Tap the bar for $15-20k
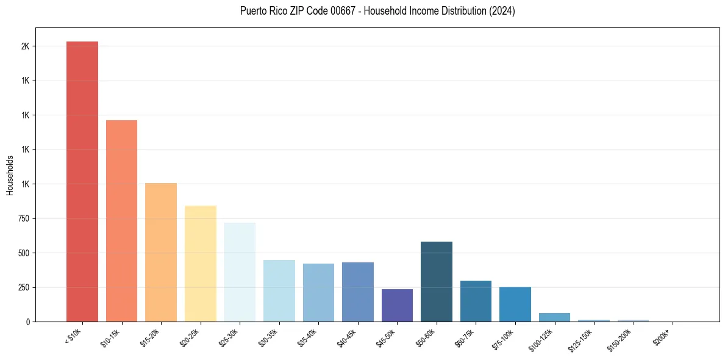pos(161,252)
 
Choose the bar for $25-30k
pos(240,272)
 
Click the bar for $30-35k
pos(279,290)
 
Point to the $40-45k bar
pos(358,292)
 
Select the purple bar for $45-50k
pos(397,305)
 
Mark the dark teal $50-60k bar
pos(437,281)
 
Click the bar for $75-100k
pos(515,304)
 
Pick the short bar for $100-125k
pos(554,317)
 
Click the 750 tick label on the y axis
pos(24,218)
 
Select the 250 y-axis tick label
pos(24,287)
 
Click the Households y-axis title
pos(10,175)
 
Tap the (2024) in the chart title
pos(503,11)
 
